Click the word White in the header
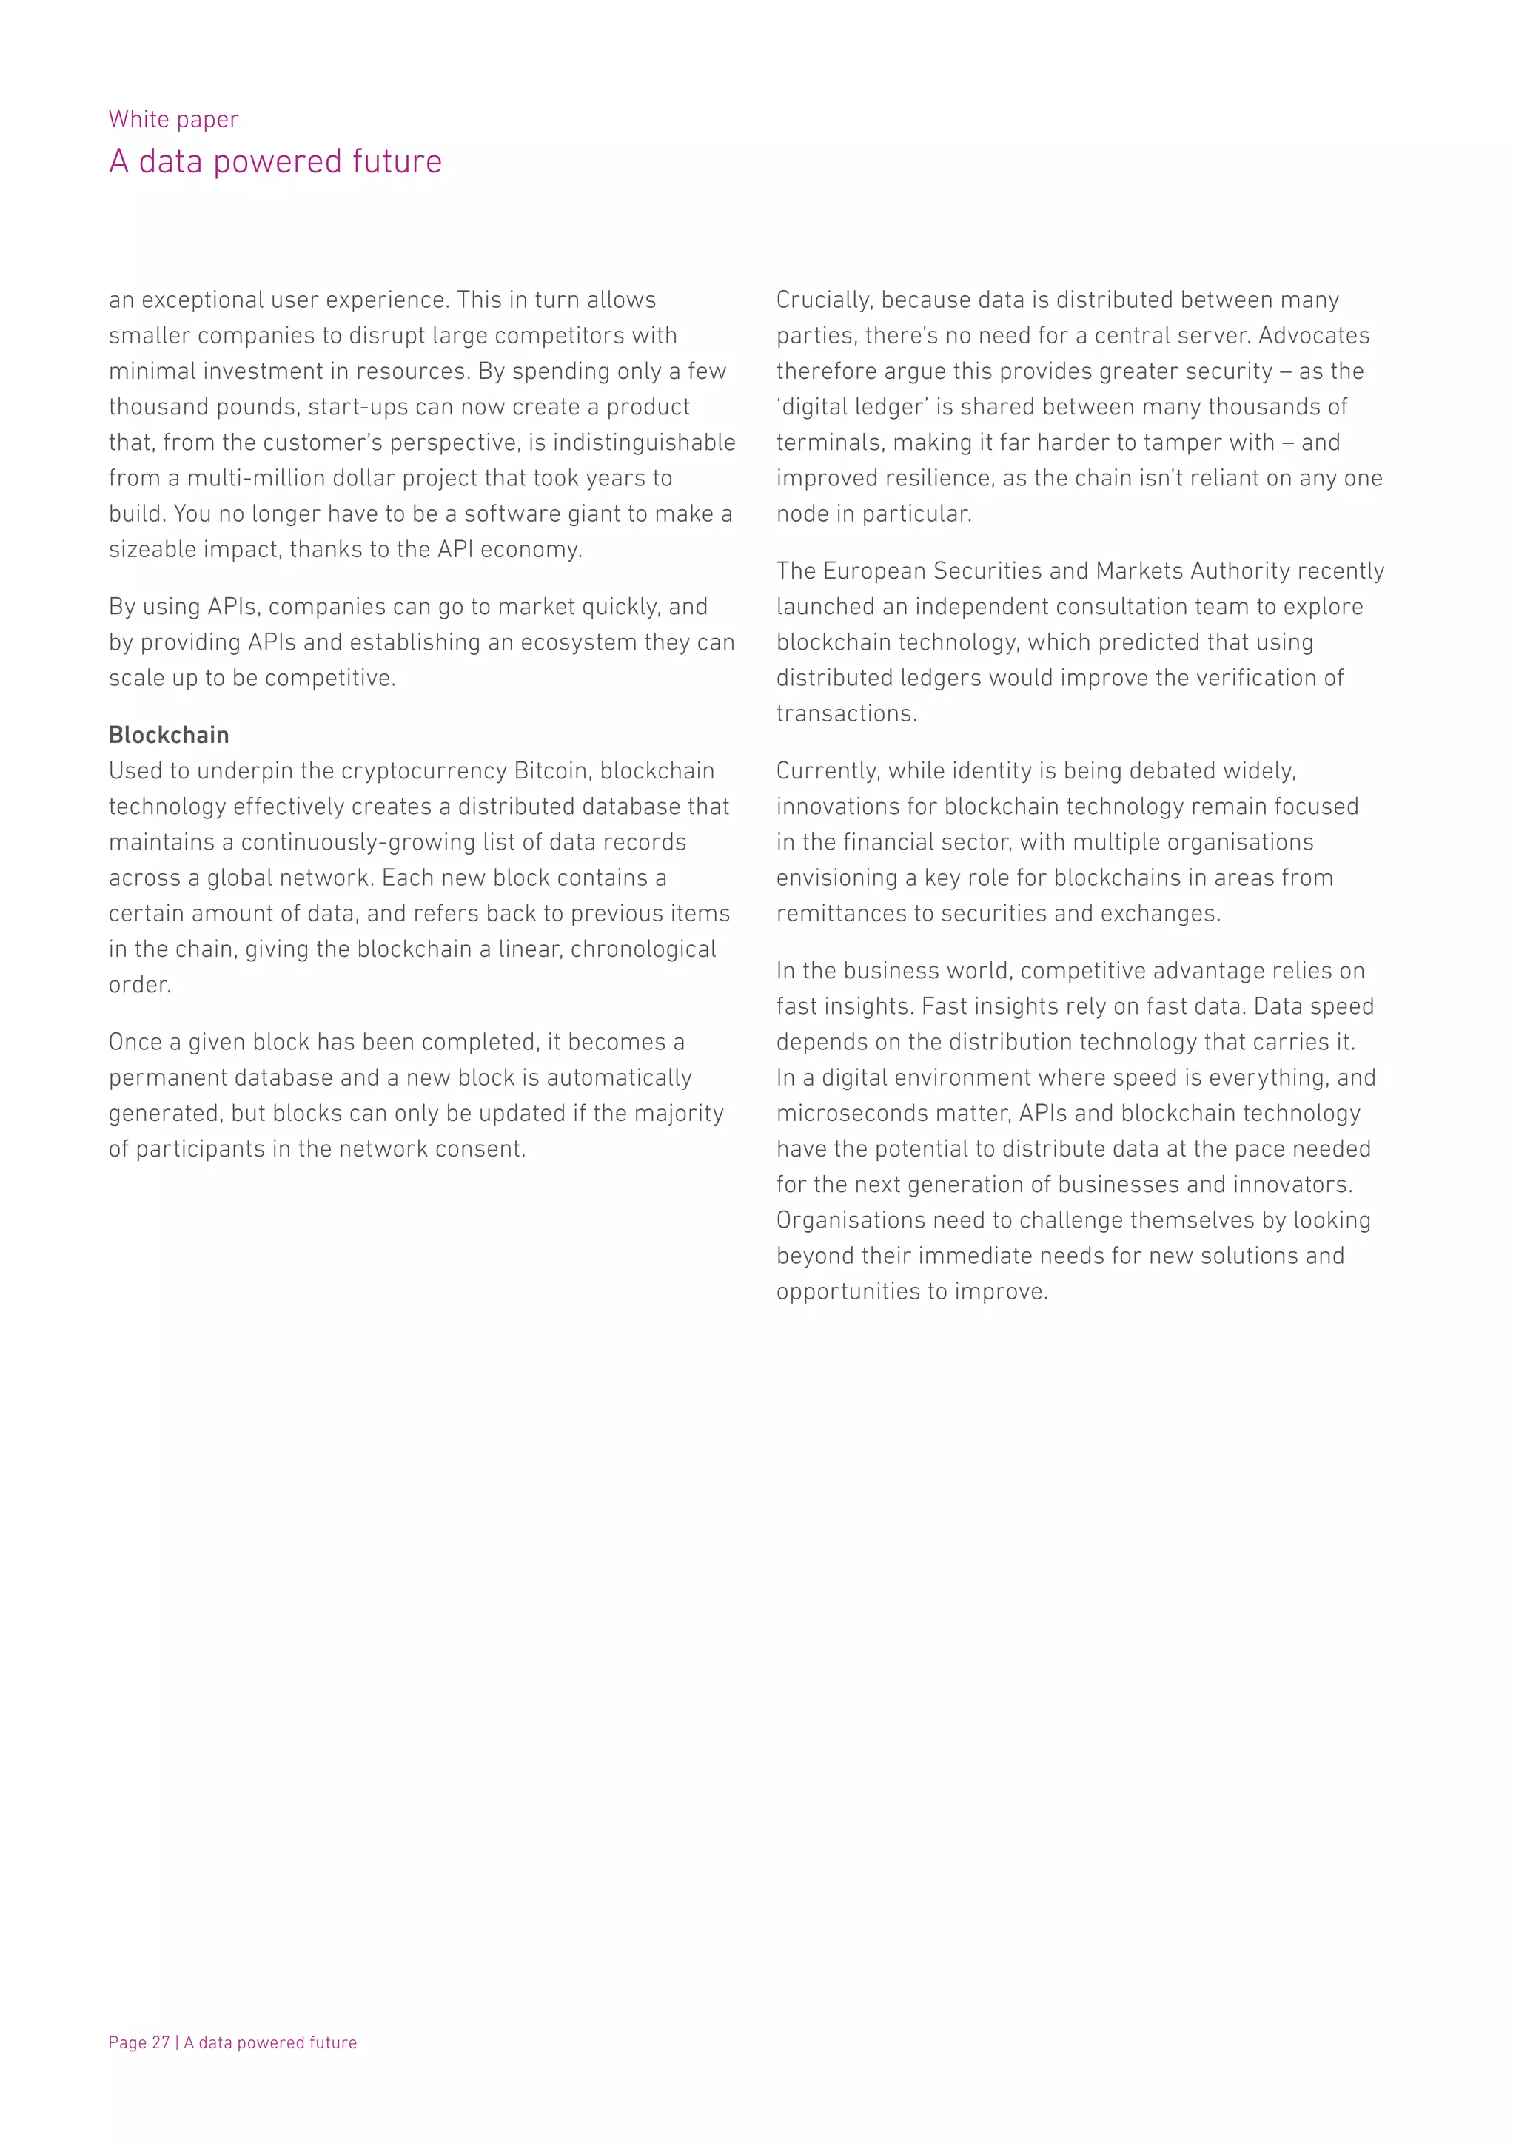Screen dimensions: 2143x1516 point(133,119)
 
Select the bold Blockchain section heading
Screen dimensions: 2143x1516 point(169,736)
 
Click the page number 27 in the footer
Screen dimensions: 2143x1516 point(161,2042)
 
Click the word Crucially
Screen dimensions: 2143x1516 point(825,300)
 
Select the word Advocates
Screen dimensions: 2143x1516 point(1315,336)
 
